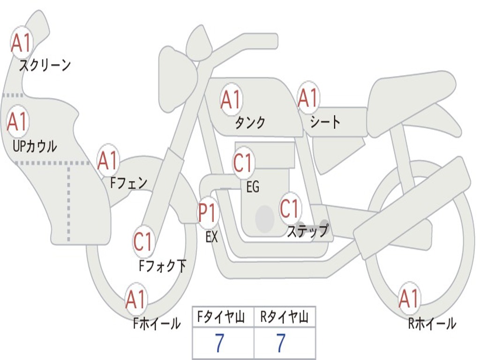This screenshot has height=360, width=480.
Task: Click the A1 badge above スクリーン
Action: (21, 43)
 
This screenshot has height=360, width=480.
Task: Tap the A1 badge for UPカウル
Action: (17, 122)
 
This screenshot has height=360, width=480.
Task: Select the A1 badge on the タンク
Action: (231, 99)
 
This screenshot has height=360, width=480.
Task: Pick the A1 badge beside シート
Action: (308, 98)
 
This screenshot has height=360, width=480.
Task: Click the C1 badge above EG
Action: (243, 163)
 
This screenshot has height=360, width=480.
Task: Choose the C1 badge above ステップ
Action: (289, 209)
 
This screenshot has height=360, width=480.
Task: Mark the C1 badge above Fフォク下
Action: (143, 242)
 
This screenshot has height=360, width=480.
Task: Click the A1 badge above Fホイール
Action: (136, 300)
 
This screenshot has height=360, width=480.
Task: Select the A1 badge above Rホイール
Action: (409, 299)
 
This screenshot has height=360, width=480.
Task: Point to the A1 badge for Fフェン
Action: (108, 160)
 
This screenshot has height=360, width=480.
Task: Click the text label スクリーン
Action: (45, 65)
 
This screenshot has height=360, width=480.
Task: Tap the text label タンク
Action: (250, 122)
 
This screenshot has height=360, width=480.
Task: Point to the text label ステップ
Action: (307, 231)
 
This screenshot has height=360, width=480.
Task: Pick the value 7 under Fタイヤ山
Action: (219, 343)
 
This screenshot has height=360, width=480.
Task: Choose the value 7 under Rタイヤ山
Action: (281, 343)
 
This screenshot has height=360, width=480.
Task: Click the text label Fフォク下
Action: (162, 266)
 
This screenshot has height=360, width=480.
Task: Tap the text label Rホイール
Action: (432, 323)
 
